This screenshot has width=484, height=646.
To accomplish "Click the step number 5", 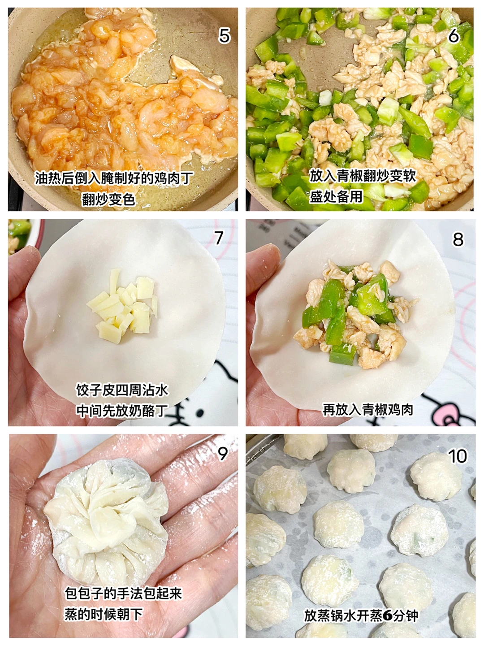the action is pos(224,36).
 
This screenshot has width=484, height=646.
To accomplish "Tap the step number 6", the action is pos(453,36).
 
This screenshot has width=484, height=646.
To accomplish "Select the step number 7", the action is pos(219,238).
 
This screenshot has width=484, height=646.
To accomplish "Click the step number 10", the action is pos(458,456).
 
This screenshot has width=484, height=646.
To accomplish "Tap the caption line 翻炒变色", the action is pos(108,199).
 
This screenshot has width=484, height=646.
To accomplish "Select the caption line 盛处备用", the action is pos(336,196).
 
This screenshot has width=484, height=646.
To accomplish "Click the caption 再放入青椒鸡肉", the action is pos(368,409).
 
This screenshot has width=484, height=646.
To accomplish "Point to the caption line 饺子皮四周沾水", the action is pos(122,390).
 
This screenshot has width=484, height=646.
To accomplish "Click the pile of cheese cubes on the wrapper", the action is pos(122,306).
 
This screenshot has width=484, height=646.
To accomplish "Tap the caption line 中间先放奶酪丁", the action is pos(122,411).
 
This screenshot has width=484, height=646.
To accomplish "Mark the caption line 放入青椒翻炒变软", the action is pos(363,176).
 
